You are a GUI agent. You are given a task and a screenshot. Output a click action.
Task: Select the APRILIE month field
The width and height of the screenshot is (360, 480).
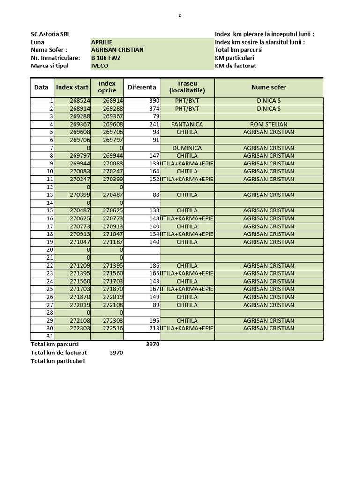[102, 42]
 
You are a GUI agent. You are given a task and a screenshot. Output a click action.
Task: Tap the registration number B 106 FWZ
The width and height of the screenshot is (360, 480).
[105, 58]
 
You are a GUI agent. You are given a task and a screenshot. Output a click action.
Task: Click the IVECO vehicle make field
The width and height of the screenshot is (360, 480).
[100, 66]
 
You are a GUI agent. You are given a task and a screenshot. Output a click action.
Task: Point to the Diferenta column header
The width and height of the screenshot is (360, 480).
[142, 87]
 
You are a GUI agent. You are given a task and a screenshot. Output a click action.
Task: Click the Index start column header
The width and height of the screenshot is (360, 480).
[72, 87]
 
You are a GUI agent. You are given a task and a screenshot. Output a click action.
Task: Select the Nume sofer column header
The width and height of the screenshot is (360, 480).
[269, 87]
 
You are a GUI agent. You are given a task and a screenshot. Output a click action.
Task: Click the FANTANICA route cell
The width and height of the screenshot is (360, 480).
[187, 125]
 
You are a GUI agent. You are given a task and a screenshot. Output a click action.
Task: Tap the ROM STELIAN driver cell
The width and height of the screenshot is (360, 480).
[269, 125]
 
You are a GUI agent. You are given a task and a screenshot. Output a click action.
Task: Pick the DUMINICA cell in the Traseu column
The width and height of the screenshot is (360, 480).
[187, 148]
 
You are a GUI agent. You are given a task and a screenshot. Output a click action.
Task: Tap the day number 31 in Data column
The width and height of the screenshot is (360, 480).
[50, 337]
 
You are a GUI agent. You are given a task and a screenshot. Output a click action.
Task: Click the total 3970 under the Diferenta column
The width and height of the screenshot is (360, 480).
[152, 345]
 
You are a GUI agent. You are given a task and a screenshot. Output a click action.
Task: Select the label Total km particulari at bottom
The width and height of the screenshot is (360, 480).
[58, 361]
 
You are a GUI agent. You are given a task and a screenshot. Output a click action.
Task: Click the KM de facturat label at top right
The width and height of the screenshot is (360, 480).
[235, 66]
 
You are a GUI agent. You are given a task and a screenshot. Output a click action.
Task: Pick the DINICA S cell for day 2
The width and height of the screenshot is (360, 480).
[269, 109]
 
